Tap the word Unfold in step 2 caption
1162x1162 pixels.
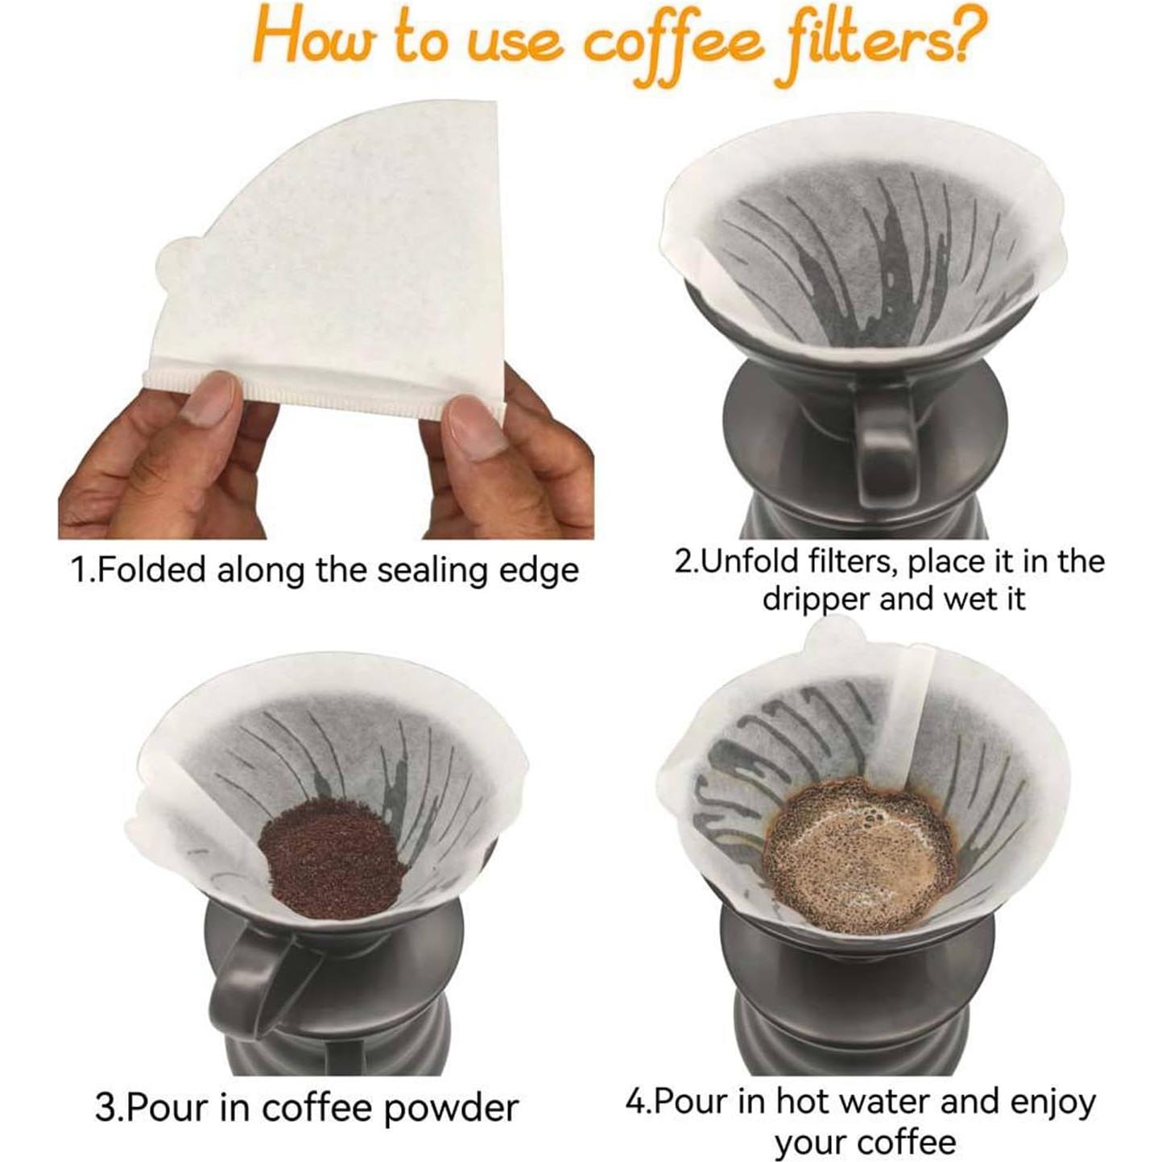(x=746, y=561)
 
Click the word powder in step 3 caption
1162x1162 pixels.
(x=450, y=1108)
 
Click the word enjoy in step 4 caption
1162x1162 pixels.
(x=1052, y=1101)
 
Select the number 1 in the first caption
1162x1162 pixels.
(x=78, y=570)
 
